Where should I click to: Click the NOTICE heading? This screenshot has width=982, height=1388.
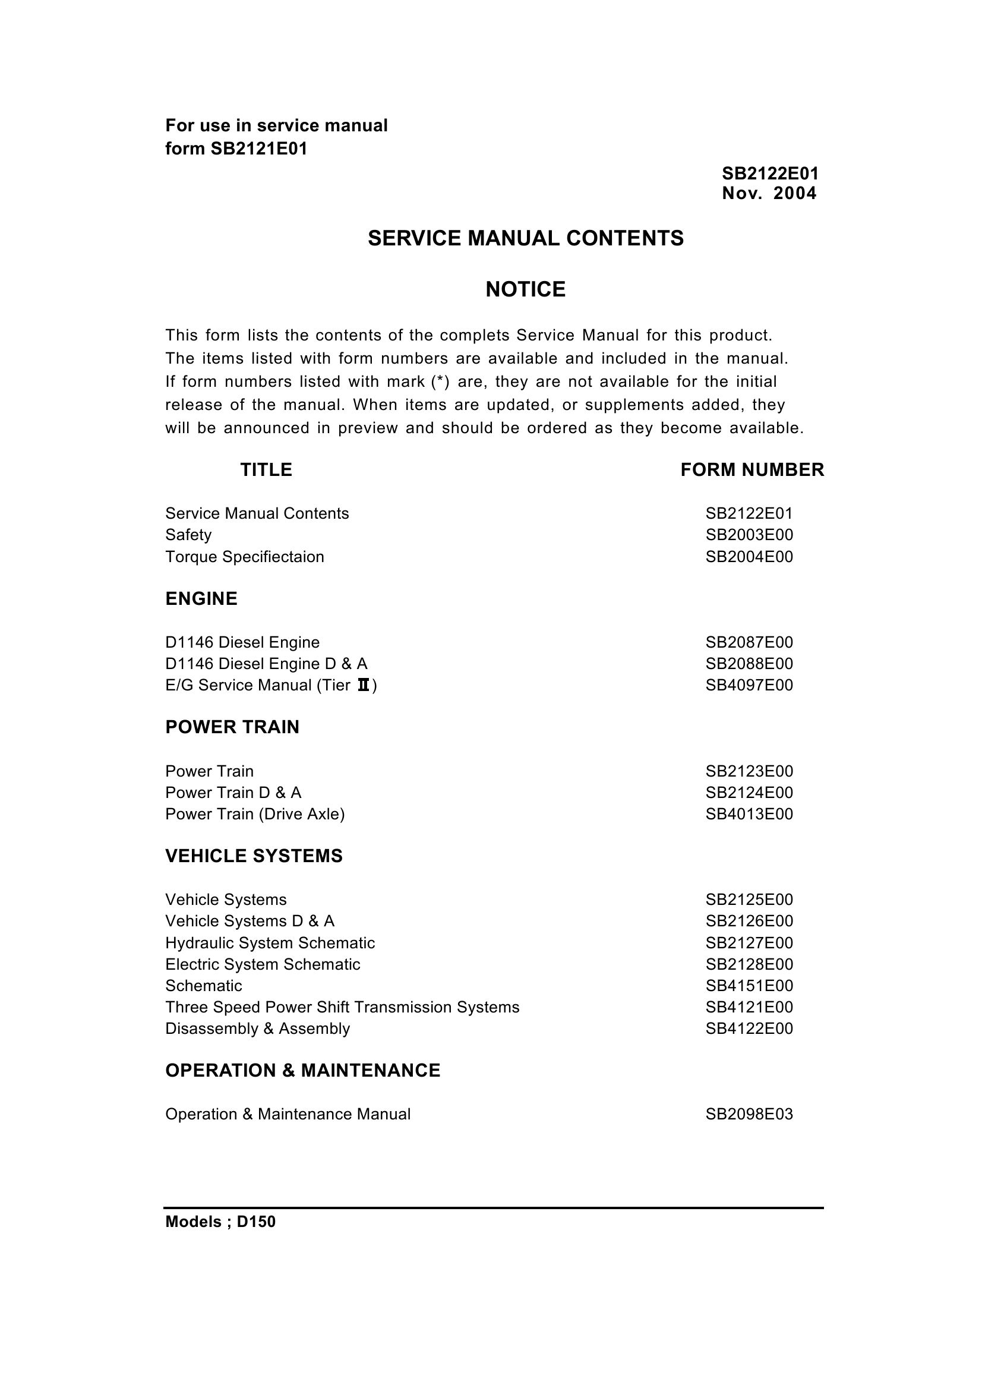tap(525, 290)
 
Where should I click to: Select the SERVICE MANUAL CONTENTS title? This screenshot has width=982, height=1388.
tap(525, 238)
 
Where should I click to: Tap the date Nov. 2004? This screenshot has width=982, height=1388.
tap(769, 194)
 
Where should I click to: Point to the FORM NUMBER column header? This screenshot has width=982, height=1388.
tap(752, 470)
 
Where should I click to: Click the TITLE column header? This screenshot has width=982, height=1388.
tap(266, 470)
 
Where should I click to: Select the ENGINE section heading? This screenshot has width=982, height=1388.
tap(201, 599)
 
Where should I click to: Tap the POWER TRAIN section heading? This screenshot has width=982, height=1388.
tap(232, 727)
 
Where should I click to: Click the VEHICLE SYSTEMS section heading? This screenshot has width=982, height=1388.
tap(254, 856)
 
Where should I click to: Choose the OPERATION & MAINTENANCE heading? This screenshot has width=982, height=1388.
tap(303, 1071)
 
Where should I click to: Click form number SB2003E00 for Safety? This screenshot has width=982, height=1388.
tap(749, 535)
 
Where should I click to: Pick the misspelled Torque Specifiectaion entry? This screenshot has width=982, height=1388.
tap(244, 556)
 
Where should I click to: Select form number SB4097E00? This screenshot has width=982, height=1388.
tap(749, 685)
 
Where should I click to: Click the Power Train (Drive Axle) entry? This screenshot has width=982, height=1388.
tap(255, 814)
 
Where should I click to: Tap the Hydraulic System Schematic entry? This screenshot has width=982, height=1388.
tap(270, 943)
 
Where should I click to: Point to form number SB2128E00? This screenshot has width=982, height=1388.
tap(749, 964)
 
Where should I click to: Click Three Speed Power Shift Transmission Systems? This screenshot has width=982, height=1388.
tap(342, 1007)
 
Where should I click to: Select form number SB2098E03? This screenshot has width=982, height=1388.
tap(749, 1114)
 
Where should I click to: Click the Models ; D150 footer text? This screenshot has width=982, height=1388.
tap(220, 1222)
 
